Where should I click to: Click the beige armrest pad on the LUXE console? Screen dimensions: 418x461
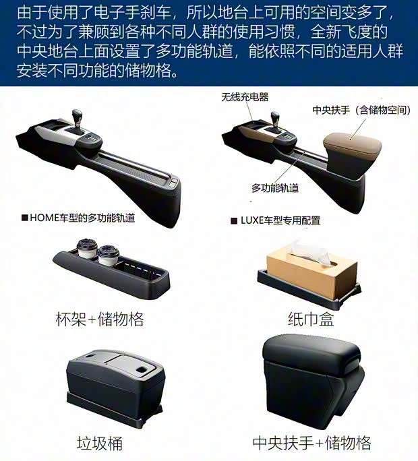coord(352,142)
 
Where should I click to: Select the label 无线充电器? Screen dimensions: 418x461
coord(245,97)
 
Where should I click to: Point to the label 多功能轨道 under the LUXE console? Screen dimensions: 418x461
coord(275,188)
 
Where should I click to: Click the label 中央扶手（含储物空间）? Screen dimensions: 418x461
coord(361,110)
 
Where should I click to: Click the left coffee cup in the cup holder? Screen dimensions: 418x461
coord(87,249)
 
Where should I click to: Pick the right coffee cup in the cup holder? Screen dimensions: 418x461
coord(109,255)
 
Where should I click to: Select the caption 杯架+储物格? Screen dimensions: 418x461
coord(100,319)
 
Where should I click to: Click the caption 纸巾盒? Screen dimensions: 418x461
coord(311,319)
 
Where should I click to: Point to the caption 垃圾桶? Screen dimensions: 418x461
coord(99,443)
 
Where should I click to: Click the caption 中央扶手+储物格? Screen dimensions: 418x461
coord(311,443)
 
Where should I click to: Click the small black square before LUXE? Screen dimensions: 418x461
coord(234,221)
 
